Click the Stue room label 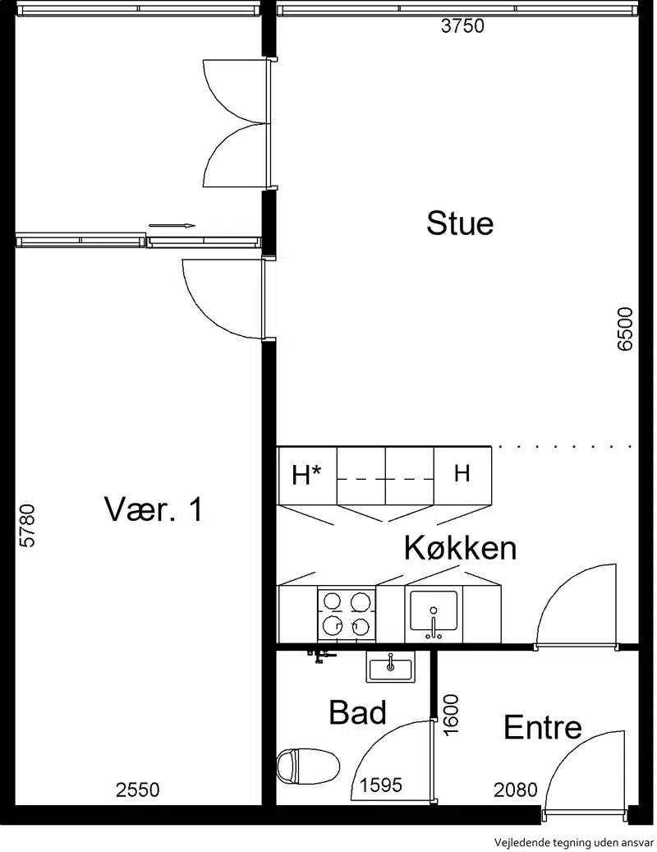tap(460, 223)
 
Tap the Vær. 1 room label tap(154, 509)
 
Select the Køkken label tap(460, 548)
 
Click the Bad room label tap(357, 712)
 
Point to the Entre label tap(542, 727)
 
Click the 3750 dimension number tap(462, 26)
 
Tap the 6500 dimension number tap(626, 329)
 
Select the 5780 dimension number tap(27, 526)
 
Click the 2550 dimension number tap(138, 790)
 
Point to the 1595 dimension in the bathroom tap(380, 785)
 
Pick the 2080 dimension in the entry tap(515, 790)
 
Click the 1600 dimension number tap(451, 715)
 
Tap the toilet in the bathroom tap(308, 767)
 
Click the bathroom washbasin tap(390, 667)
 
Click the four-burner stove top tap(346, 614)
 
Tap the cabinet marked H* tap(307, 475)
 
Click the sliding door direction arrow tap(172, 225)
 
